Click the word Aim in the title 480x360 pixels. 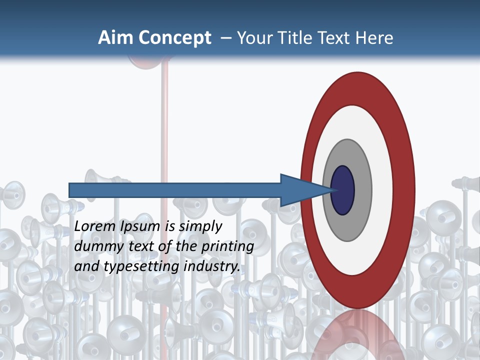pos(115,38)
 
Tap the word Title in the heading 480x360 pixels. pos(298,38)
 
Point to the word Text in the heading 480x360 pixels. pos(336,38)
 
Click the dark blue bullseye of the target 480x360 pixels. pos(342,190)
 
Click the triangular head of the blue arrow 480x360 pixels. pos(300,190)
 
